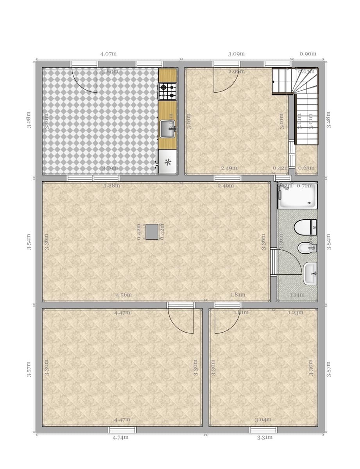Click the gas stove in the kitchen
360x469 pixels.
pos(168,91)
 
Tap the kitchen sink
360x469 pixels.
pos(168,129)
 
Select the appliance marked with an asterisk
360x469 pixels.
pos(168,162)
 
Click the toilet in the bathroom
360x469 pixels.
pos(305,227)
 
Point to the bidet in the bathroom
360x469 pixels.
pos(305,248)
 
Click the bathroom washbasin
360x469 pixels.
pos(310,273)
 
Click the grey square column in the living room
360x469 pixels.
pos(152,232)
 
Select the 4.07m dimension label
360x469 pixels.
pos(108,54)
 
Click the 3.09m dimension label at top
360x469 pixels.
pos(236,54)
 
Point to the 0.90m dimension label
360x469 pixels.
pos(308,54)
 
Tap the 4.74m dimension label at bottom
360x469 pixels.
pos(120,437)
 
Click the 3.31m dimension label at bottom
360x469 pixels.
pos(265,437)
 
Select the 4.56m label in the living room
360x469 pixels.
pos(124,295)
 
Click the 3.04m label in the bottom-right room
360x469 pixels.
pos(263,420)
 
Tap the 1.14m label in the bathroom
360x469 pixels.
pos(297,295)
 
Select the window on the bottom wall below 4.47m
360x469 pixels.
pos(122,430)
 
